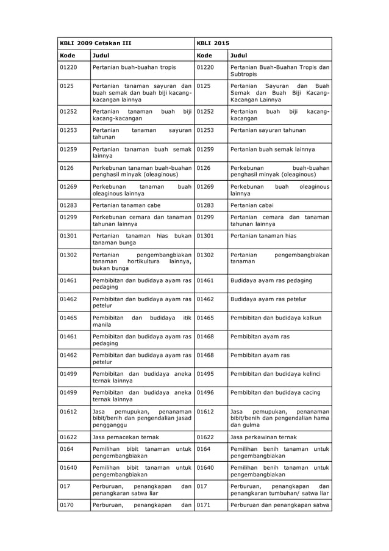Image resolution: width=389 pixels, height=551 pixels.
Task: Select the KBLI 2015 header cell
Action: [213, 44]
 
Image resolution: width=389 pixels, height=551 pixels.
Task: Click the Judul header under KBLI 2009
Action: [100, 55]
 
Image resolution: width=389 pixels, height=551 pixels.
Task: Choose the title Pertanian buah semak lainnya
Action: [273, 149]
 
